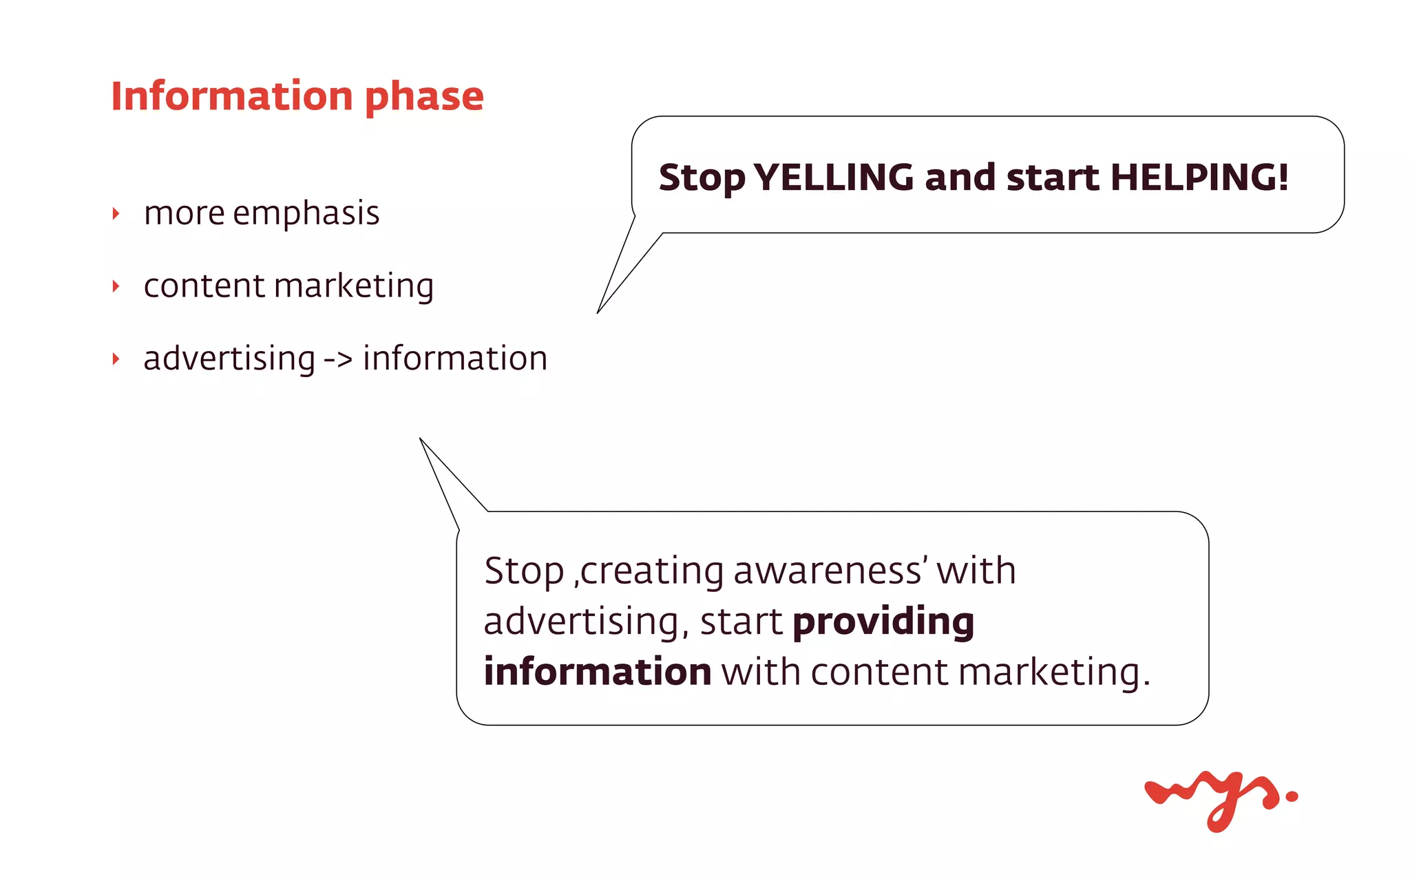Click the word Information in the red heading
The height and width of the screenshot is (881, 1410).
(231, 96)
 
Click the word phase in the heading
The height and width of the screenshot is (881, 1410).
(424, 97)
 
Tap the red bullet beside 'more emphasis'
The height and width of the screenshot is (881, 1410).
(116, 214)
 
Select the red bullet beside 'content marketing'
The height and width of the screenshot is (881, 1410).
(116, 286)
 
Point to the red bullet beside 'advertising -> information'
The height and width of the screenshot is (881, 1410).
(116, 359)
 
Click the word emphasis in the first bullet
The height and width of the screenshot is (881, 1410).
(306, 213)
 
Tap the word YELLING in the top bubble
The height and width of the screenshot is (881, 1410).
(834, 178)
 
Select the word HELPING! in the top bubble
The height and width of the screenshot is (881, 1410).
(1199, 178)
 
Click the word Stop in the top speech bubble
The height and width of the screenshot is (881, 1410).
(702, 178)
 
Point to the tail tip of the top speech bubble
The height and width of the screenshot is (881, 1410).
(598, 312)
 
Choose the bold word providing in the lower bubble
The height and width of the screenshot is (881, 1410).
(883, 622)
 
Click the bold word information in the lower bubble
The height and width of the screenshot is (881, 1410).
(598, 672)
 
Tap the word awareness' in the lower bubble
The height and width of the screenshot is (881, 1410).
(830, 571)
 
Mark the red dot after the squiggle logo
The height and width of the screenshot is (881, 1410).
(1292, 796)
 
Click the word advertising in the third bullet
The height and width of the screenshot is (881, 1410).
(229, 359)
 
